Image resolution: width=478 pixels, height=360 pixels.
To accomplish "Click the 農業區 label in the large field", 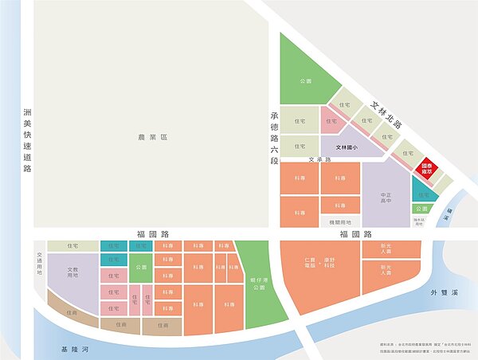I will [153, 138].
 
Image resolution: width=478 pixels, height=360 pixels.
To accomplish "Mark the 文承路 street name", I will [322, 160].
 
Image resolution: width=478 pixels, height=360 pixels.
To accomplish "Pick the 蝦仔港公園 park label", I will [256, 283].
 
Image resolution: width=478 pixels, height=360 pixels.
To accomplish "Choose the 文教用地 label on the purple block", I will [72, 272].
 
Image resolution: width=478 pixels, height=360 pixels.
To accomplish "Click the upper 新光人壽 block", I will [386, 248].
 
